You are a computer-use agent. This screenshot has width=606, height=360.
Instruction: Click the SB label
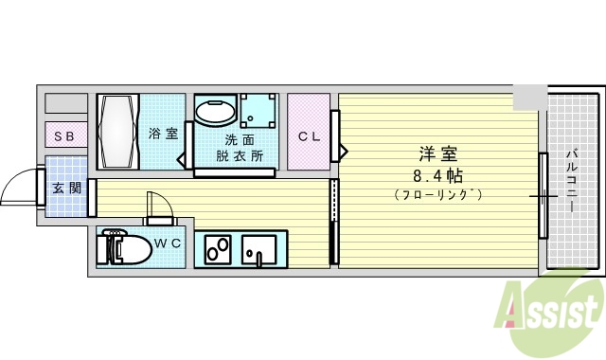point(63,136)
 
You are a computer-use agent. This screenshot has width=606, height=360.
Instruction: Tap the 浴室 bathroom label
point(163,134)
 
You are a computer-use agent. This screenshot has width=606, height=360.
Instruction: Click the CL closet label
point(309,136)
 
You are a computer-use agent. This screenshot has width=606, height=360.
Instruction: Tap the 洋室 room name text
point(437,153)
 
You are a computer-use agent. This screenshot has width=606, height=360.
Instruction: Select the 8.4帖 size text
point(437,175)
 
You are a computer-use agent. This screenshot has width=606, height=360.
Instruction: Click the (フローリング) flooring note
point(437,195)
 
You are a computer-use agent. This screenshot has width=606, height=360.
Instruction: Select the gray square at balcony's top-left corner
point(529,96)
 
